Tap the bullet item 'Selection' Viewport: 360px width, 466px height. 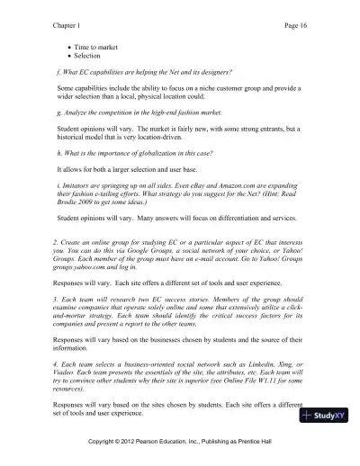(x=87, y=55)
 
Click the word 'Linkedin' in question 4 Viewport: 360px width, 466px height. (x=259, y=362)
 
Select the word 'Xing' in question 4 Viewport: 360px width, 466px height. (x=288, y=362)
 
